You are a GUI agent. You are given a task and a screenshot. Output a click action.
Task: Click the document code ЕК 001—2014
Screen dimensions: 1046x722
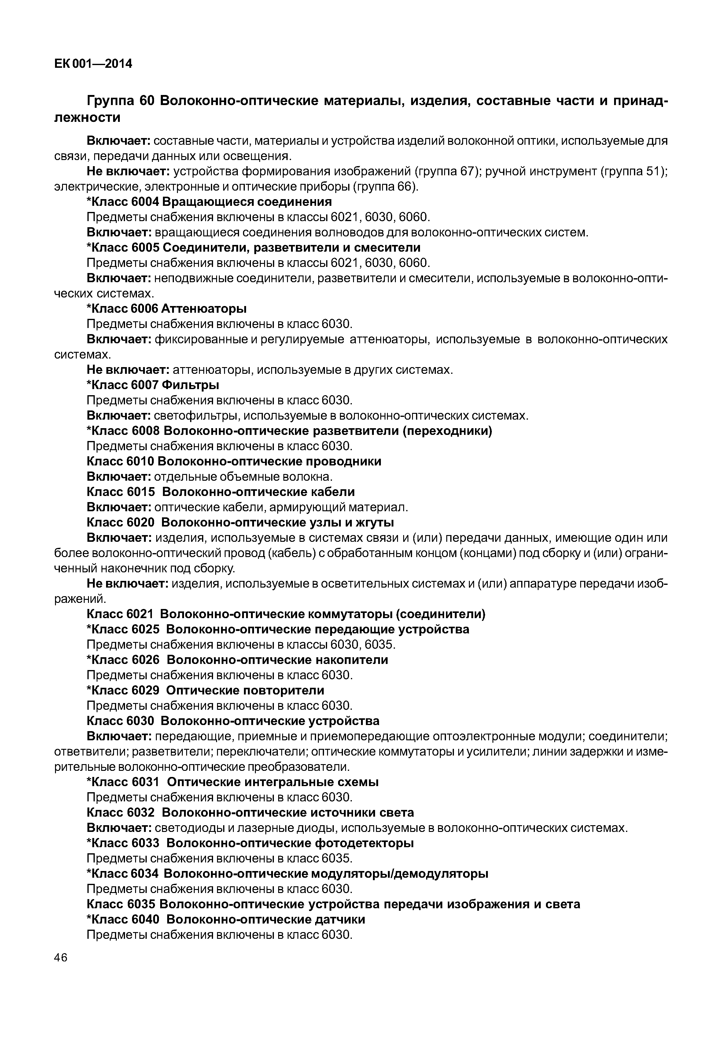click(x=93, y=64)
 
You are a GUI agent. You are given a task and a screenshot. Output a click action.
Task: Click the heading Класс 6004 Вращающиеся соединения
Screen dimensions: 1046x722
click(x=209, y=202)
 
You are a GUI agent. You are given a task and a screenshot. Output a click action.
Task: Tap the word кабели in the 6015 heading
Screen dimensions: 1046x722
click(x=334, y=492)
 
